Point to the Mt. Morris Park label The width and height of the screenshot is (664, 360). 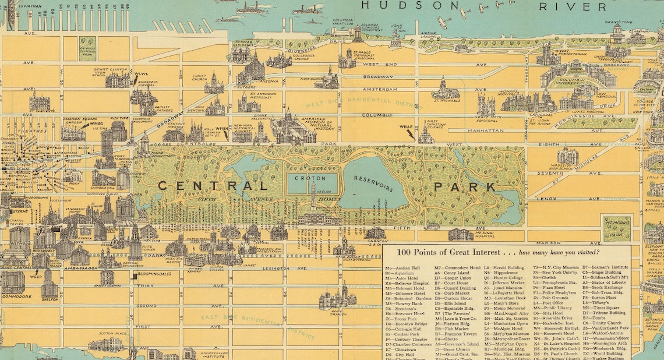click(617, 227)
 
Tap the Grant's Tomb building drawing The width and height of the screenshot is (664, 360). click(617, 34)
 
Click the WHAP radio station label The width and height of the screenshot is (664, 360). click(406, 126)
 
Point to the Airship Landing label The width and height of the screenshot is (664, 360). click(430, 36)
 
